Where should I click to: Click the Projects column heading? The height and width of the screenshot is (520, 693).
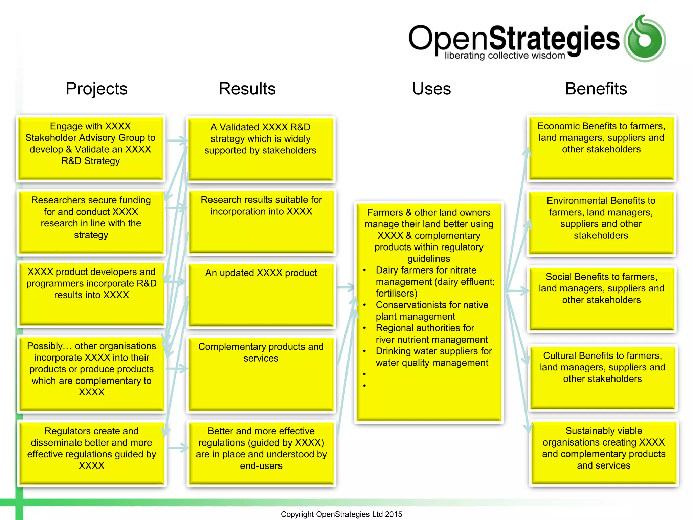pos(96,89)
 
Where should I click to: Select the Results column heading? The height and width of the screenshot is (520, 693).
pos(247,89)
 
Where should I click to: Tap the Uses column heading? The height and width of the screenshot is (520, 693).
pos(431,89)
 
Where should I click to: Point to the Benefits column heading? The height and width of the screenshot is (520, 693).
pos(596,89)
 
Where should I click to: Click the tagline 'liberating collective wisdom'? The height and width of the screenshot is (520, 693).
pos(505,56)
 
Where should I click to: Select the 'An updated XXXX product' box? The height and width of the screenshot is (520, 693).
pos(261,295)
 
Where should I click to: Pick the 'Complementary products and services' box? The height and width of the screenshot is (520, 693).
pos(261,374)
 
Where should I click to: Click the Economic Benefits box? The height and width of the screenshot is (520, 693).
pos(601,148)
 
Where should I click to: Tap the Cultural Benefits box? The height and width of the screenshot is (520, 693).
pos(602,377)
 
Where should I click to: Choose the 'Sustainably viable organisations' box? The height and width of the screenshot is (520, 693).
pos(604,453)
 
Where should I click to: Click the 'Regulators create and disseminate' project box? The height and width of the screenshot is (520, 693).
pos(91,453)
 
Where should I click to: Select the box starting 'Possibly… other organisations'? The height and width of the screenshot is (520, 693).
pos(91,374)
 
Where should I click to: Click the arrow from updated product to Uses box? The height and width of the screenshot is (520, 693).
pos(345,287)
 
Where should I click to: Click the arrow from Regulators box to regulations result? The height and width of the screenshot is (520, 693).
pos(178,448)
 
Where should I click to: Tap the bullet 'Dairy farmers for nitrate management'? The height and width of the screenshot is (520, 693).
pos(435,282)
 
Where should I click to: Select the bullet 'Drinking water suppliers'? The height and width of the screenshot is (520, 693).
pos(433,357)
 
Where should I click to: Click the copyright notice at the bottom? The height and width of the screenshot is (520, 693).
pos(341,514)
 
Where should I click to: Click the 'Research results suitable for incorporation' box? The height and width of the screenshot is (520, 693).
pos(261,221)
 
